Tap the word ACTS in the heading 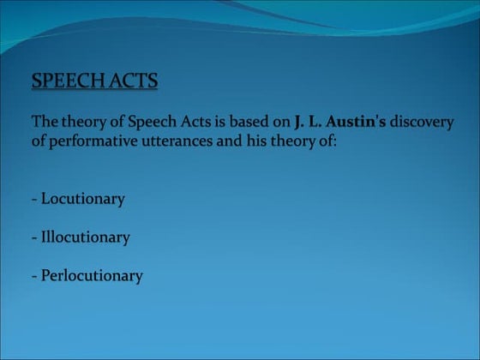[135, 81]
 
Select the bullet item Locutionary [82, 199]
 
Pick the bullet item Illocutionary [85, 237]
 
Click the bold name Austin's [357, 122]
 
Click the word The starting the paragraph [44, 122]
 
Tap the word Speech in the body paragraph [153, 122]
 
